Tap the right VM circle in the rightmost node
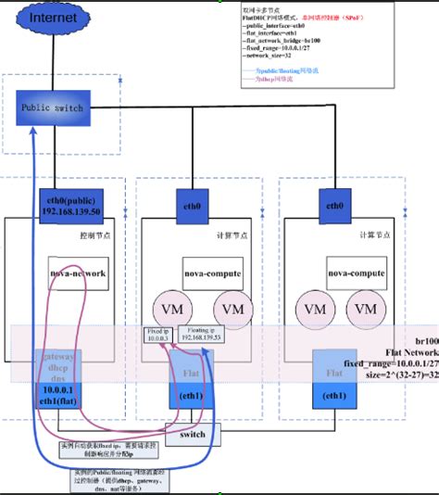[x=368, y=308]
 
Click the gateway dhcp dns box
[x=59, y=365]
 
